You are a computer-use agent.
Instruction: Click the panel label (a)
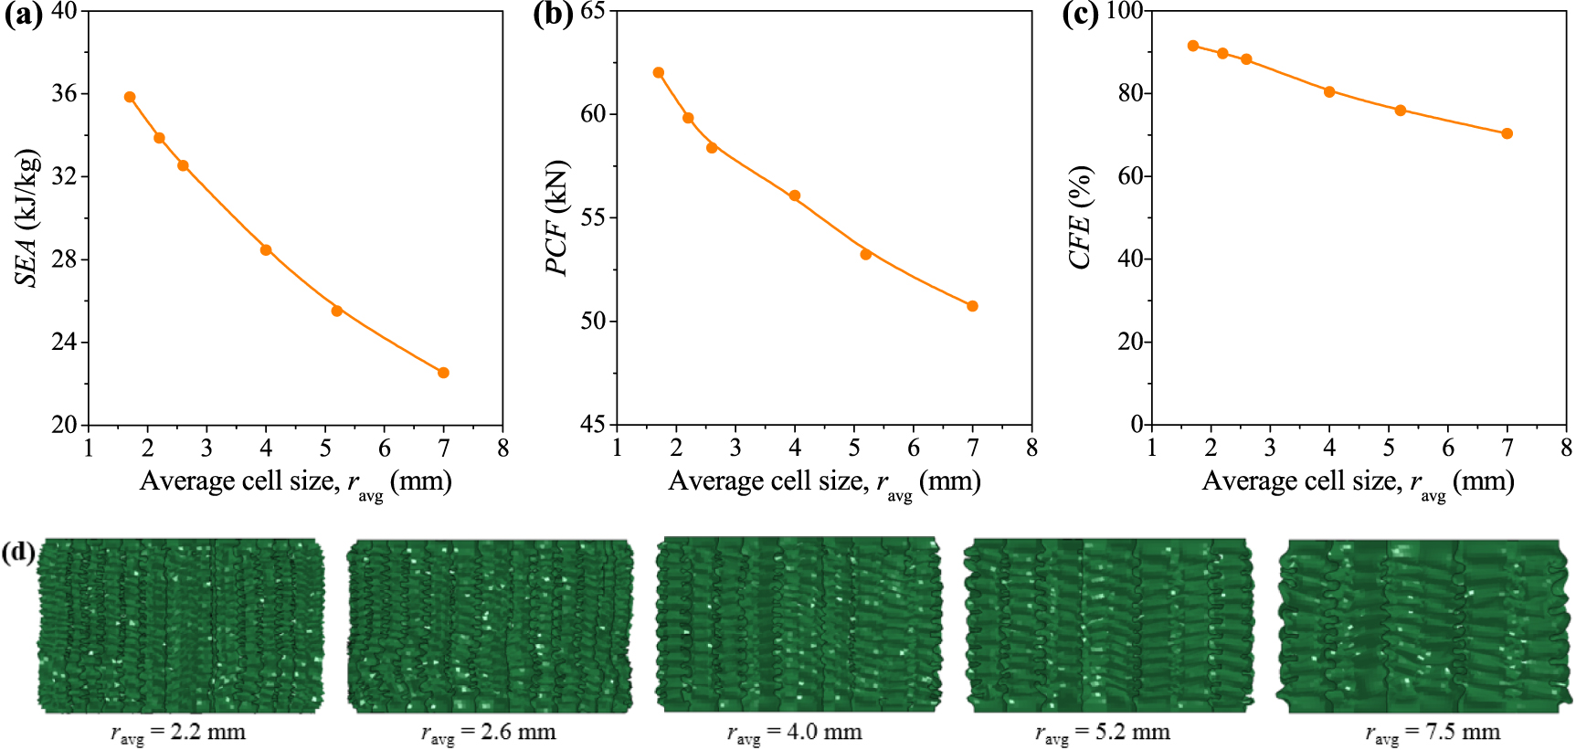point(22,16)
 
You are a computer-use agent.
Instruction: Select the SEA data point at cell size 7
point(444,373)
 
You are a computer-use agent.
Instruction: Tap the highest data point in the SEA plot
point(130,97)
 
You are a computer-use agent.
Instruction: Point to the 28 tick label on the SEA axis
point(64,259)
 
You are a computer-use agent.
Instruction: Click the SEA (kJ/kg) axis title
point(27,217)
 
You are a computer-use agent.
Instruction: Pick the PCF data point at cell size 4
point(795,195)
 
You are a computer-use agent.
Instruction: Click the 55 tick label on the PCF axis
point(594,217)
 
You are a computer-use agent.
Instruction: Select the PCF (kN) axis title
point(556,217)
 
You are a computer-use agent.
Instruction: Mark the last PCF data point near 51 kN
point(972,306)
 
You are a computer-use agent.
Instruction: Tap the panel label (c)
point(1080,16)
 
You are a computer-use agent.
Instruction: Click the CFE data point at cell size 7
point(1507,133)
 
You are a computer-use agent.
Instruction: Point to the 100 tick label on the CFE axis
point(1124,11)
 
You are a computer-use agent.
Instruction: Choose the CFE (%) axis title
point(1081,217)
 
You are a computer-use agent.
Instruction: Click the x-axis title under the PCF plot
point(824,481)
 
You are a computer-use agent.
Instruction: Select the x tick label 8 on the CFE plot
point(1566,448)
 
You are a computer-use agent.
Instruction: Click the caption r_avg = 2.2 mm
point(178,733)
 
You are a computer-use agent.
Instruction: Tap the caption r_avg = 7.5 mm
point(1433,733)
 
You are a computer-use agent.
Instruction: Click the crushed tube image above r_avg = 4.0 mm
point(799,624)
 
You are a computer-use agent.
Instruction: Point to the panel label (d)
point(18,552)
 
